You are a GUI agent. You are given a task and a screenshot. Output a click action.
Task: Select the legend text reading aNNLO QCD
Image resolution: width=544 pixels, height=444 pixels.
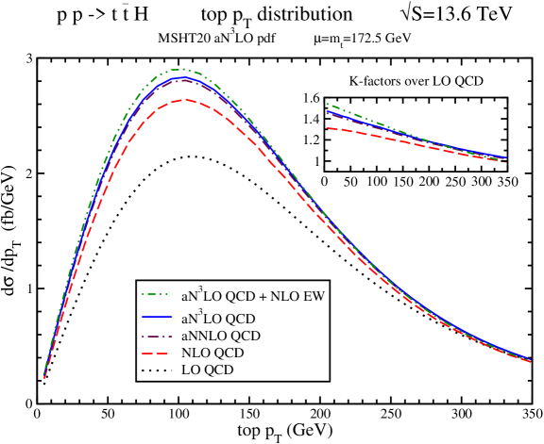[x=220, y=336]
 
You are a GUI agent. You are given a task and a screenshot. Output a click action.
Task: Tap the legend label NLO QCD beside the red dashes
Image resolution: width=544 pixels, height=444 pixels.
[x=212, y=353]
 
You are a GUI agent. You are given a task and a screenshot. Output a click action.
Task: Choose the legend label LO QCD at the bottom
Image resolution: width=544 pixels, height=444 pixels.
[x=207, y=370]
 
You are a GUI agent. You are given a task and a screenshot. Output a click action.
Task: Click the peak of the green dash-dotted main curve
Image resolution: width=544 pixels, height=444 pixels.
[x=180, y=69]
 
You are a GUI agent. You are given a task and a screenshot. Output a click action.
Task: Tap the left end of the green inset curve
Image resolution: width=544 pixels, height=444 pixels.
[x=326, y=104]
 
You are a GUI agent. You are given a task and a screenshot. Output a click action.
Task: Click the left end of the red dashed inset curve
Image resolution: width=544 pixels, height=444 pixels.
[x=326, y=127]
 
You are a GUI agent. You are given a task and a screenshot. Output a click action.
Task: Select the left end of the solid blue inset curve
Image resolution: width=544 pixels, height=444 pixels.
[x=326, y=112]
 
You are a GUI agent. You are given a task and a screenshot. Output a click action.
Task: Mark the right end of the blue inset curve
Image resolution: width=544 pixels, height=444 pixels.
[x=507, y=157]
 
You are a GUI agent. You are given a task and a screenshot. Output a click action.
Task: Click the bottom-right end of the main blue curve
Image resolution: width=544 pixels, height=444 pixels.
[x=530, y=358]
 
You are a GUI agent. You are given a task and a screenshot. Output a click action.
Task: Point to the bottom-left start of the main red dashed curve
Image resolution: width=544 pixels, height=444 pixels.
[x=44, y=378]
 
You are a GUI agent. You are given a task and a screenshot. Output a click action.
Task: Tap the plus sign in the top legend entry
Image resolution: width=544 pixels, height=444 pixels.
[x=263, y=296]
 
